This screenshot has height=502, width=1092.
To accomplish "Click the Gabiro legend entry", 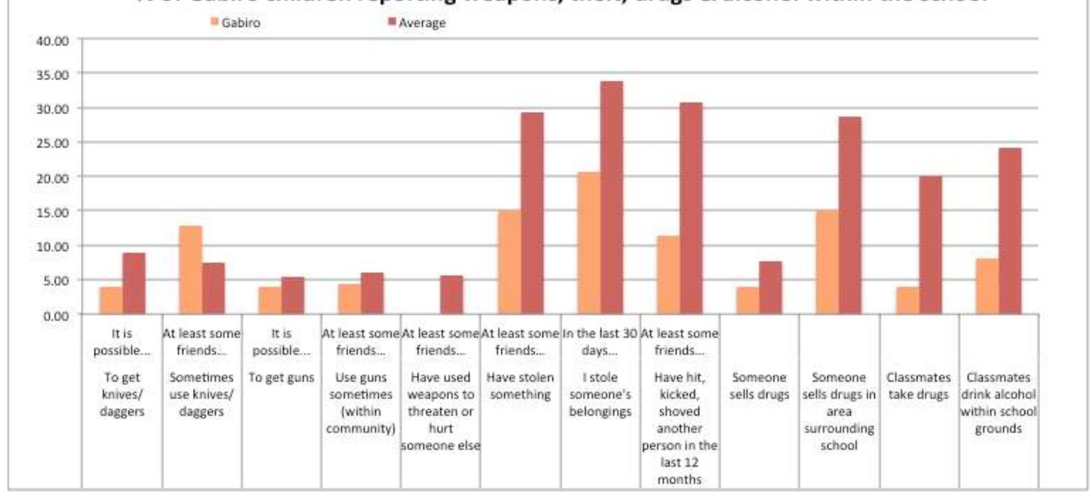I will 235,23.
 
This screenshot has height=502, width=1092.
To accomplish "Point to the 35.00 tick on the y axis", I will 52,75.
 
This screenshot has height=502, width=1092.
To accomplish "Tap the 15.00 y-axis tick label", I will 52,212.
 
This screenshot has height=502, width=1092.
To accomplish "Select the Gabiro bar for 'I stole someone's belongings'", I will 588,243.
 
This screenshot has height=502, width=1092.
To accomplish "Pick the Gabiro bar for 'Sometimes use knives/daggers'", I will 190,270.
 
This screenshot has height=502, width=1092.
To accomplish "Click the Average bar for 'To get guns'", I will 293,295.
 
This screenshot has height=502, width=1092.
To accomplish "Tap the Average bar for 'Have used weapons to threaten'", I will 452,295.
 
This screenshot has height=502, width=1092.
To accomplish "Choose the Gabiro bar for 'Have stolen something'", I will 509,262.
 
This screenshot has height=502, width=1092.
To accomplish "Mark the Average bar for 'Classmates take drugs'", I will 930,245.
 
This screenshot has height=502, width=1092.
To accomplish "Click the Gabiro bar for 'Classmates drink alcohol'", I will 987,286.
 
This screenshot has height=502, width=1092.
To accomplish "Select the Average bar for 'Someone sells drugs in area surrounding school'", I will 850,216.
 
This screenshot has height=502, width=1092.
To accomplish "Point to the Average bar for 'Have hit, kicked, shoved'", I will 691,208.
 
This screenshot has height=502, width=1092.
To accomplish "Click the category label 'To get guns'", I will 281,378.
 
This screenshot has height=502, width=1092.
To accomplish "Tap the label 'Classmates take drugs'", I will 918,386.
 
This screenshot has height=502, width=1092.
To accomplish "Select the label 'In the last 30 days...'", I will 600,342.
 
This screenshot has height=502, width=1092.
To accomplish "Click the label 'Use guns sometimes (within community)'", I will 361,403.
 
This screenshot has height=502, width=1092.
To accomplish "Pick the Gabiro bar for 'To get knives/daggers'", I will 111,300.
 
